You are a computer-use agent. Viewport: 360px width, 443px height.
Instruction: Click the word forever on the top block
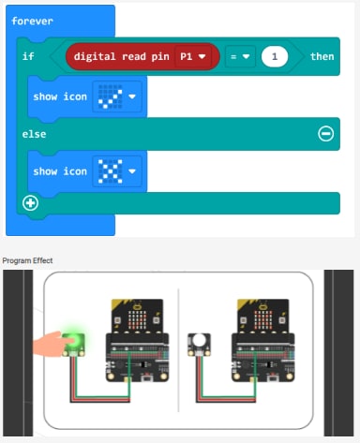(32, 21)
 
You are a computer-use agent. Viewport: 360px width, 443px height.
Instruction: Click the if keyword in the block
(28, 56)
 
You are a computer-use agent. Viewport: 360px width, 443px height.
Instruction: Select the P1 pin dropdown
(193, 56)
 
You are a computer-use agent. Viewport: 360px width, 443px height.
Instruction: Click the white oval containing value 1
(275, 56)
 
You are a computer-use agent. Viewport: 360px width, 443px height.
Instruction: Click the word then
(322, 56)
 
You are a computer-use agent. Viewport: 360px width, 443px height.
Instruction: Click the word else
(35, 134)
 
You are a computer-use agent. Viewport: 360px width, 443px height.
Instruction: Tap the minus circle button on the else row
(325, 134)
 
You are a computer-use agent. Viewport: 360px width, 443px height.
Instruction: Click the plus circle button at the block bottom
(30, 202)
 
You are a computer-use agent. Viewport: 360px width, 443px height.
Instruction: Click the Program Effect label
(28, 259)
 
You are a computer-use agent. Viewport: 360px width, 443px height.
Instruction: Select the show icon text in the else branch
(60, 171)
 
